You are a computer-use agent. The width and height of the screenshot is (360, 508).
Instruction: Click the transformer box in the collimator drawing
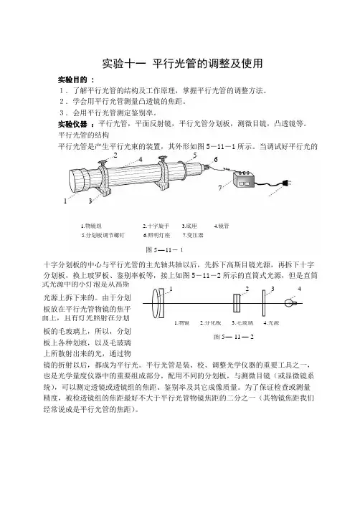244,181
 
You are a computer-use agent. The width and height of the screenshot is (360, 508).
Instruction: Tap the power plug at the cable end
286,183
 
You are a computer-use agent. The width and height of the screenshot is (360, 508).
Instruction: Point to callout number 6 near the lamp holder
216,159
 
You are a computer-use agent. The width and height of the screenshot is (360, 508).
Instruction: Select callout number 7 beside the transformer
220,188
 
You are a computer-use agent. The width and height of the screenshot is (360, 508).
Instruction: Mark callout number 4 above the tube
141,159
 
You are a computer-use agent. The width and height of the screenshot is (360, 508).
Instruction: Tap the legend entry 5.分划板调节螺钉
103,236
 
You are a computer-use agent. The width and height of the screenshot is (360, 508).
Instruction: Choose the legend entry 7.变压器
193,236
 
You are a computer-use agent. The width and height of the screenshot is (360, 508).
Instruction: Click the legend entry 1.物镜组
91,226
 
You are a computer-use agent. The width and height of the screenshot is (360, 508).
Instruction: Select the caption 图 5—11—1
165,250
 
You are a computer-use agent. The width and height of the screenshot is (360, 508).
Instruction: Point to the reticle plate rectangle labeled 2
237,303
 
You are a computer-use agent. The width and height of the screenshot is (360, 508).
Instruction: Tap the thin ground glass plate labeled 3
264,303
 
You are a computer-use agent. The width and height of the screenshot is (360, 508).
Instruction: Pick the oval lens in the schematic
156,303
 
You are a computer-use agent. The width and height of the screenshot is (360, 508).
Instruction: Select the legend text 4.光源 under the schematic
271,323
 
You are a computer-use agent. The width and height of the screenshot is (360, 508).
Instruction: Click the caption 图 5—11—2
234,337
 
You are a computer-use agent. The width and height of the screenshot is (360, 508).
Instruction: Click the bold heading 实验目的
72,80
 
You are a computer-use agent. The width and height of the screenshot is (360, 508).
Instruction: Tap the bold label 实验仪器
72,124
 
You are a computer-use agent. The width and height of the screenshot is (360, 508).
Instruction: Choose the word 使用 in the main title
252,64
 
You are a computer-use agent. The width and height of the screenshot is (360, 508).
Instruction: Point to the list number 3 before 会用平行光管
62,112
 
